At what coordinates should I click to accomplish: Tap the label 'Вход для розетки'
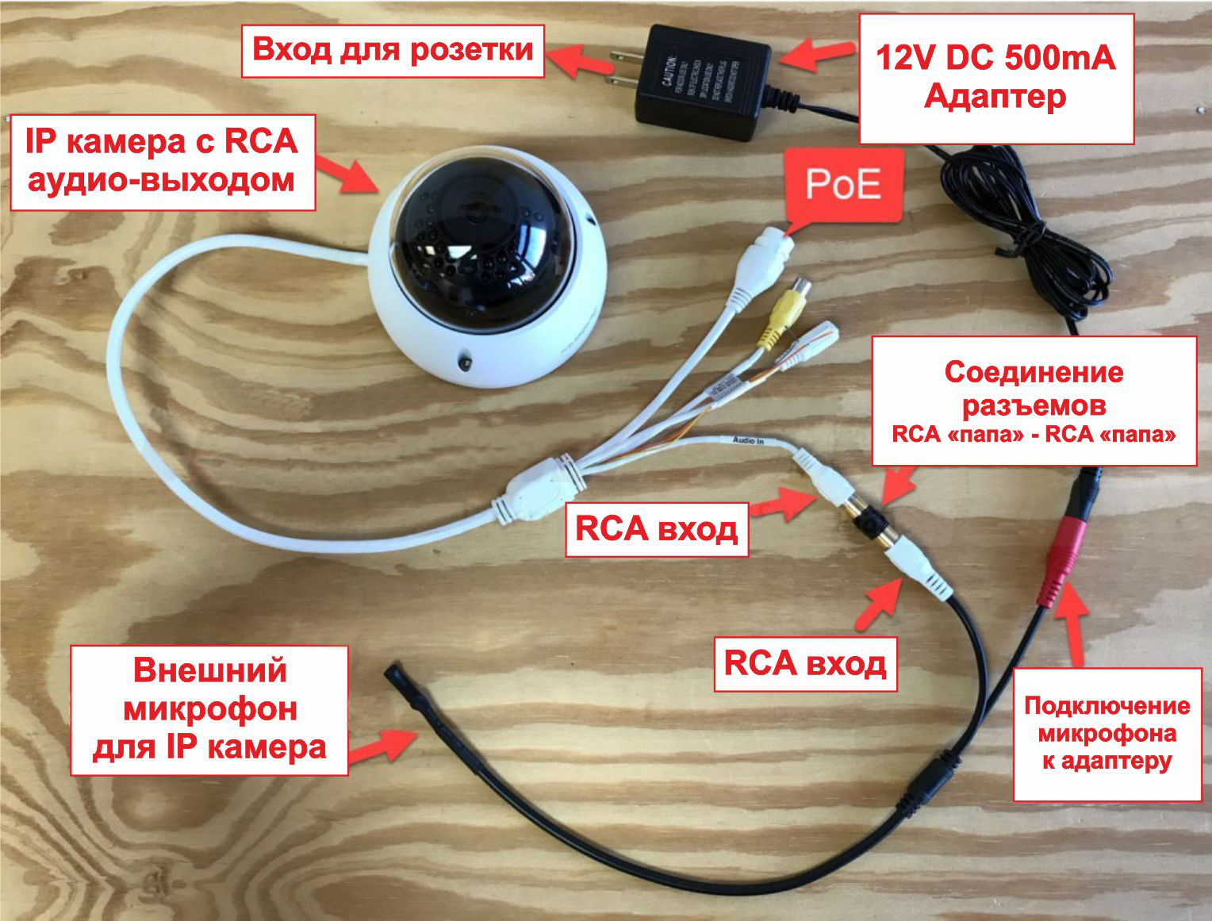coord(393,51)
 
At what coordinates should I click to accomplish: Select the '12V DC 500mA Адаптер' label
coord(995,79)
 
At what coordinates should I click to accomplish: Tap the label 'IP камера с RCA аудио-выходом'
coord(162,162)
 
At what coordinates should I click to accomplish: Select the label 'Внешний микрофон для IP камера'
coord(209,709)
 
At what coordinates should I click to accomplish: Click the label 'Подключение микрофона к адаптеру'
coord(1107,734)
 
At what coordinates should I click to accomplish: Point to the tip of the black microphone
coord(394,674)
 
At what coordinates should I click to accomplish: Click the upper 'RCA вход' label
coord(656,529)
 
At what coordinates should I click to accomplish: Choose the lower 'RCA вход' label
coord(804,663)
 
